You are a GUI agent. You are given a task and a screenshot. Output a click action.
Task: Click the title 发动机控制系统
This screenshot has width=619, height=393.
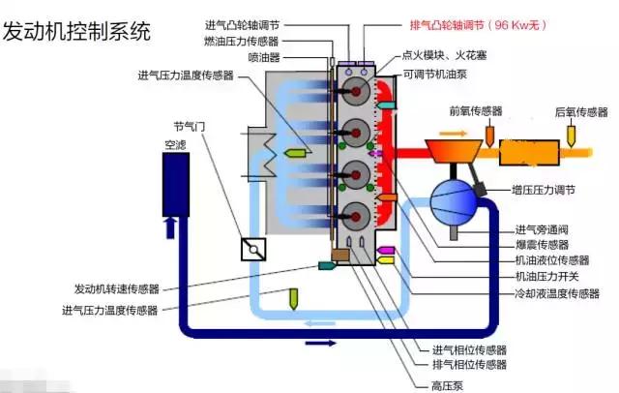click(x=76, y=31)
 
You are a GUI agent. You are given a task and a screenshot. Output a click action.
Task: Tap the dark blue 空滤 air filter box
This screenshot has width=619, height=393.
click(x=175, y=185)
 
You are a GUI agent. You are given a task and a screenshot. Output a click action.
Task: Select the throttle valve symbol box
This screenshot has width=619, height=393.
click(x=254, y=249)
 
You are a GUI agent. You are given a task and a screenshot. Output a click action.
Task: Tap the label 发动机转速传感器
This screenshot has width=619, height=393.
click(x=116, y=288)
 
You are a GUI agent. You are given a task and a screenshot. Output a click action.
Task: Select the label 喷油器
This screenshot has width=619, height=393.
click(x=266, y=56)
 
